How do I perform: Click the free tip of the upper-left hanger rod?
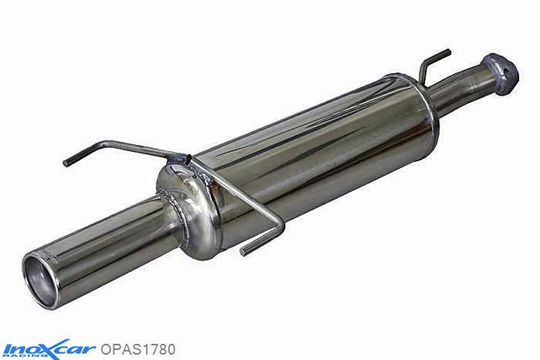[x=66, y=163]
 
